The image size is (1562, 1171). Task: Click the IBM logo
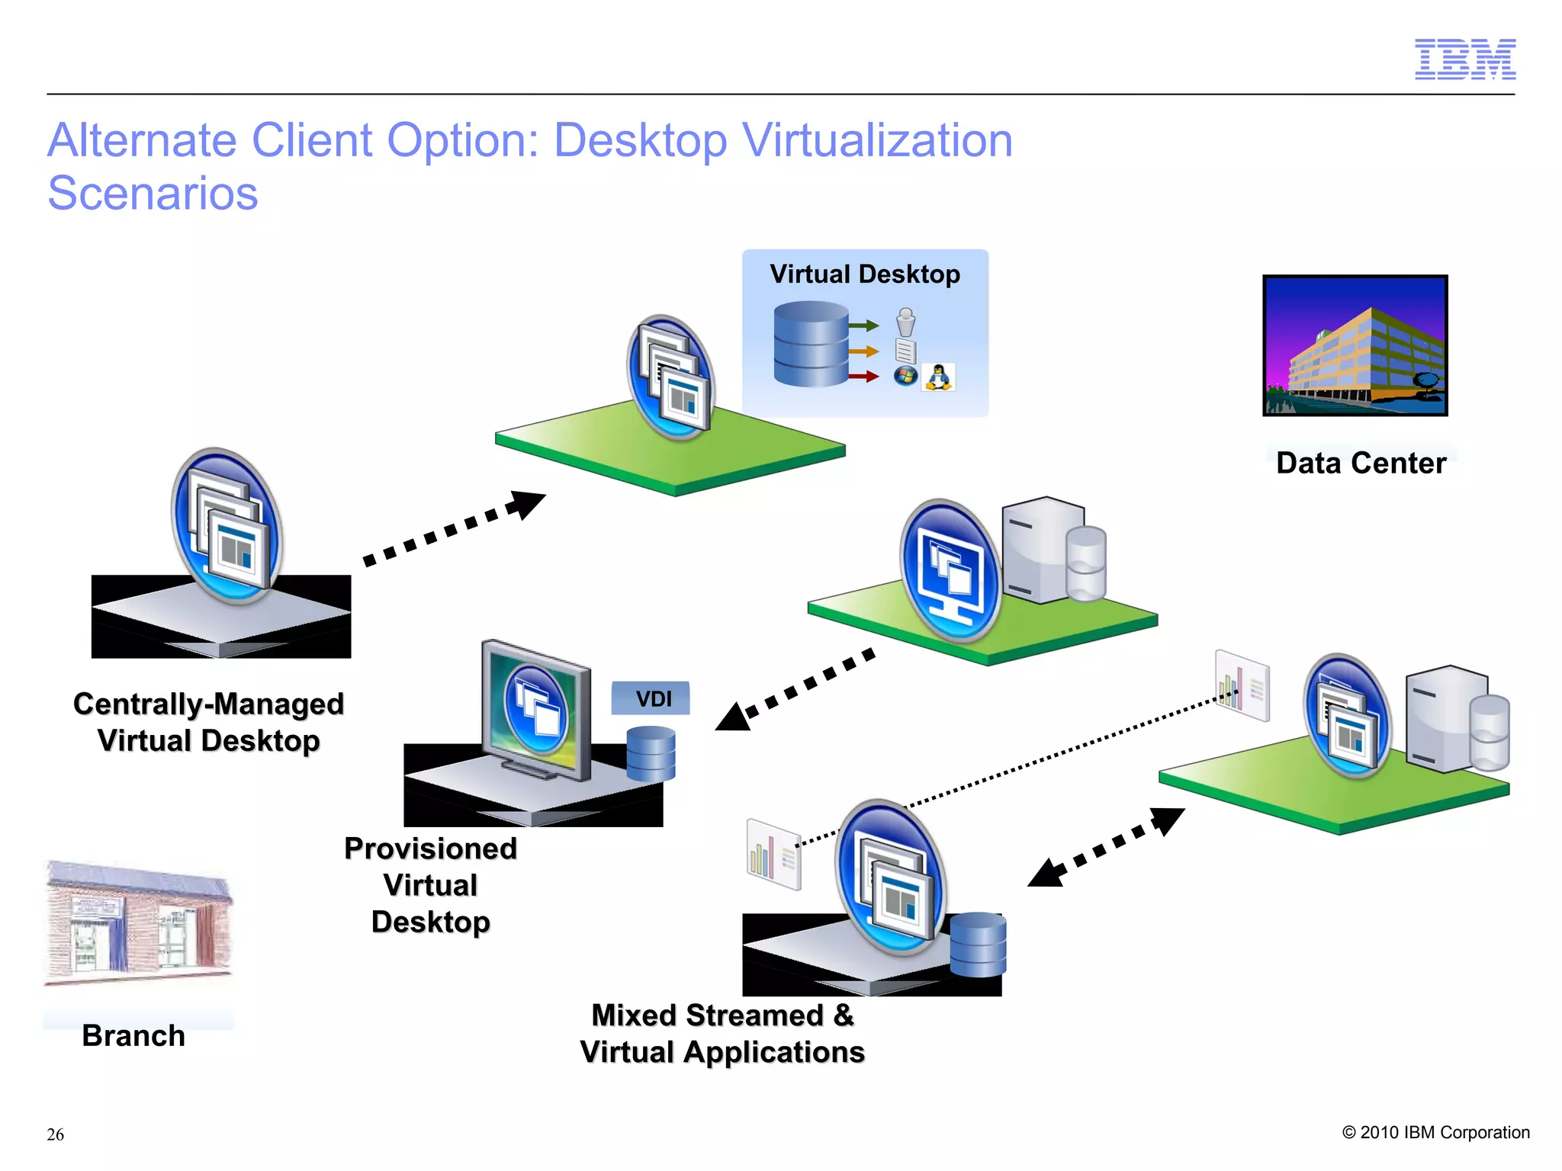click(x=1464, y=59)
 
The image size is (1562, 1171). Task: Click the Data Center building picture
click(x=1355, y=345)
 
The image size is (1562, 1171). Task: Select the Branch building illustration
click(x=137, y=922)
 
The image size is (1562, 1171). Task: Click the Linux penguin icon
click(x=938, y=377)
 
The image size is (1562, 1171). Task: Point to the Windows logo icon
click(x=905, y=376)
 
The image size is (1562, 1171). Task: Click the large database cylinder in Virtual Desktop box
click(x=811, y=343)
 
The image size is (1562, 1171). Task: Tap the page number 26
click(x=55, y=1134)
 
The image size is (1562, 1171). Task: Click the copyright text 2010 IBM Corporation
click(x=1435, y=1132)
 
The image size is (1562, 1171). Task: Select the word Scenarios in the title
click(x=153, y=193)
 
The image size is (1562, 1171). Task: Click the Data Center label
click(x=1361, y=463)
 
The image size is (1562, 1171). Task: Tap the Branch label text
click(x=133, y=1036)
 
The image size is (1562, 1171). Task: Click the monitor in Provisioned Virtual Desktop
click(x=536, y=709)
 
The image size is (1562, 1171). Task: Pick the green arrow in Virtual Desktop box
click(x=863, y=326)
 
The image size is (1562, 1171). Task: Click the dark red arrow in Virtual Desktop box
click(x=863, y=376)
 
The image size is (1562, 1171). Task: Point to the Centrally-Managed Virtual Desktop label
click(x=208, y=722)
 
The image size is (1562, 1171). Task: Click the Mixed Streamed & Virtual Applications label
click(x=722, y=1034)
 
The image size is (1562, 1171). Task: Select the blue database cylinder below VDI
click(x=651, y=753)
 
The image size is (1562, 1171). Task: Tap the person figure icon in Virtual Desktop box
click(x=905, y=322)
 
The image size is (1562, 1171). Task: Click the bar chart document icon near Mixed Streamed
click(x=773, y=854)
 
